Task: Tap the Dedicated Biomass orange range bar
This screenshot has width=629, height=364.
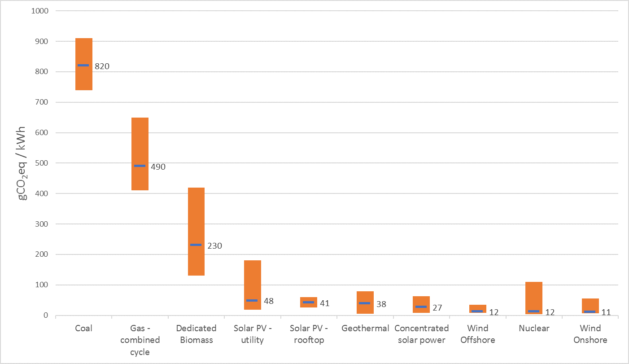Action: [x=196, y=211]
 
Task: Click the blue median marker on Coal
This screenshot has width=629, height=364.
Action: [x=83, y=66]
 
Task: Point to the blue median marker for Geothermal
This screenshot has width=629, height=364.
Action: [x=365, y=303]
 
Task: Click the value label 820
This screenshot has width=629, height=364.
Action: [x=102, y=66]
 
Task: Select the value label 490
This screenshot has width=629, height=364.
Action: [x=158, y=167]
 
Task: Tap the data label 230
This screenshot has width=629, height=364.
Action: [x=214, y=246]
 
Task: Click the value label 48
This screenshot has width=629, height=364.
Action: [x=268, y=301]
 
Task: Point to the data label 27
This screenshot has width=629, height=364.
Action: [x=437, y=308]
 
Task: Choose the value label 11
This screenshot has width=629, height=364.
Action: [x=606, y=312]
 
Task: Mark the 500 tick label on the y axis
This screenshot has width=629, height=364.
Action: [x=41, y=163]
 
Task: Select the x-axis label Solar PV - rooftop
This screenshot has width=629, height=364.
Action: [x=309, y=334]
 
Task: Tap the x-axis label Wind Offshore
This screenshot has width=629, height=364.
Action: [x=478, y=334]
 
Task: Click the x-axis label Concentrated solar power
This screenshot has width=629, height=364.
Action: [x=421, y=334]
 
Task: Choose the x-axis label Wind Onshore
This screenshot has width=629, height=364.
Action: [x=590, y=334]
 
